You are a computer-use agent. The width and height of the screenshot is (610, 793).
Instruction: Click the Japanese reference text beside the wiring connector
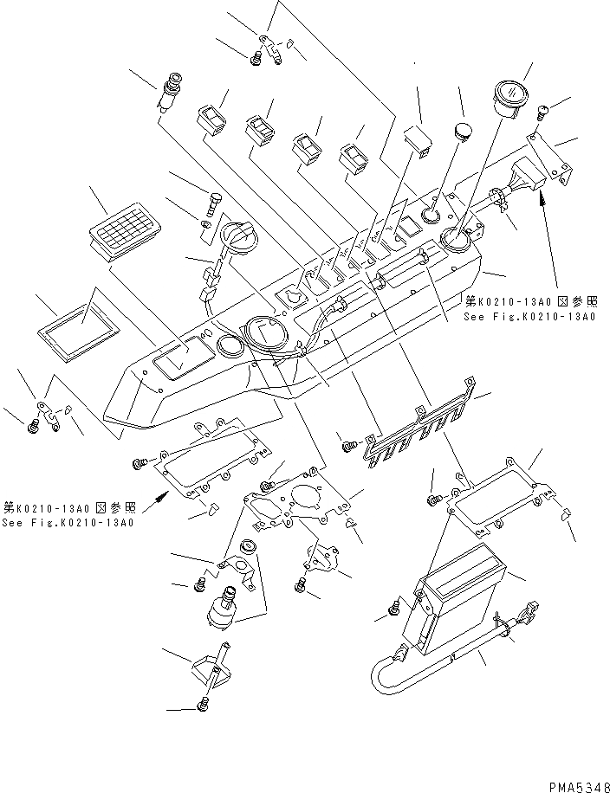pyautogui.click(x=530, y=302)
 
